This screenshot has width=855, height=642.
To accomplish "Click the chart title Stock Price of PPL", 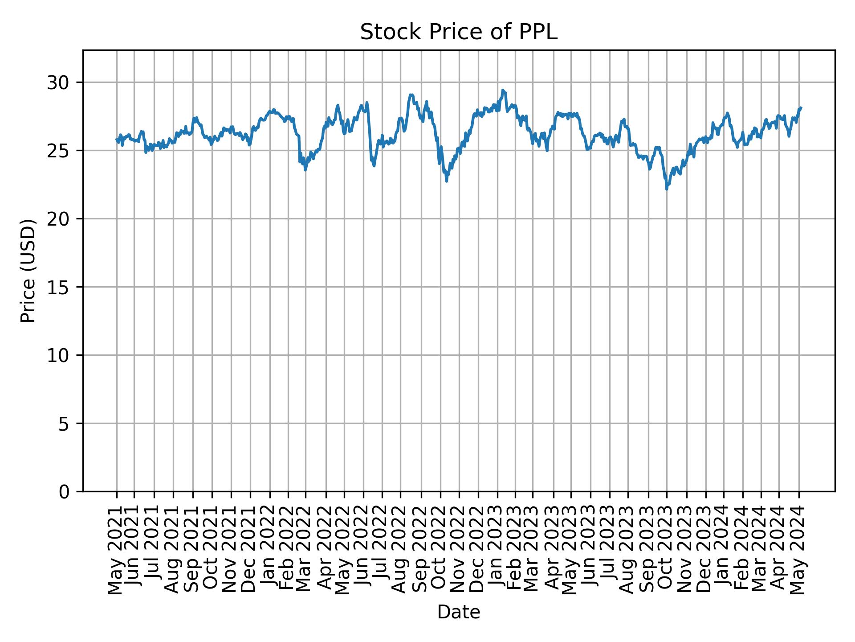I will tap(458, 33).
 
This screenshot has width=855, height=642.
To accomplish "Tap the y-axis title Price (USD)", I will tap(28, 271).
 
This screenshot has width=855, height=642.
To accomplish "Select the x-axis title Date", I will tap(458, 612).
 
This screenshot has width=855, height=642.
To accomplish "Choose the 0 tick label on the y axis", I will tap(65, 492).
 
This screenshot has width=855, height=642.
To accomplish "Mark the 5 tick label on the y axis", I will tap(65, 424).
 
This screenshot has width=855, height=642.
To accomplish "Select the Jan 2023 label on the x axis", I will tap(497, 550).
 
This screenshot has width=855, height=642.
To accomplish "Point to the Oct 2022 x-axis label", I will tap(440, 550).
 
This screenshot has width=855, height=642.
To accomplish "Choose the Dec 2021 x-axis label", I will tap(250, 550).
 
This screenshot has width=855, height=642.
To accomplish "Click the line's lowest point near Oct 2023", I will tap(667, 189).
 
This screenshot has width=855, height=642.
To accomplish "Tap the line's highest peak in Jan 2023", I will tap(502, 90).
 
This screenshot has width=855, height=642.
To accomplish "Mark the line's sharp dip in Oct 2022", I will tap(447, 181).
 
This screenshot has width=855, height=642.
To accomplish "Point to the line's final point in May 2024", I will tap(801, 107).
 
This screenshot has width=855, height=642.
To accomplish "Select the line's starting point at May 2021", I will tap(117, 140).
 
